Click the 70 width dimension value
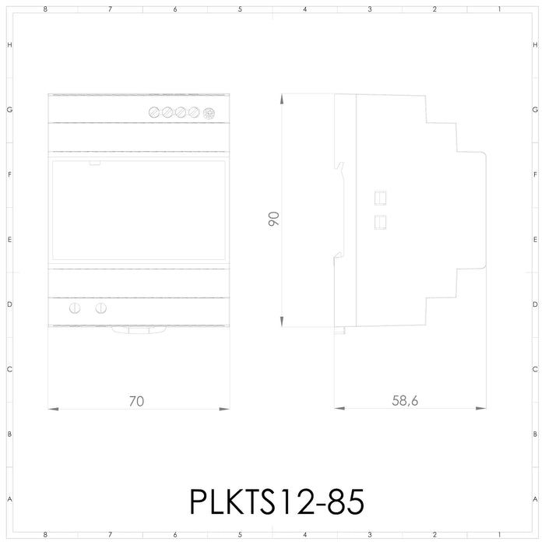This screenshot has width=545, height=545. coord(136,402)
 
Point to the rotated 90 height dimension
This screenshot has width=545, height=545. coord(273,219)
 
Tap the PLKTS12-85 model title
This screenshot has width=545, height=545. coord(276,501)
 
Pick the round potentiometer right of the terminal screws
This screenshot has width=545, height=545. coord(208,113)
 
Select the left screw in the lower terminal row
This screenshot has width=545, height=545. coord(76,308)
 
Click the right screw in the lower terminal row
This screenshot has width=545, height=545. coord(100,308)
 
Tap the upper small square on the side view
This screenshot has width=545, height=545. coord(381,196)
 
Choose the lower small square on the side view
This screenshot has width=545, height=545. coord(381,222)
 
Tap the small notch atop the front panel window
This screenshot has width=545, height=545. coord(94,163)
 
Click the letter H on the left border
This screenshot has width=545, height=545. coord(9,45)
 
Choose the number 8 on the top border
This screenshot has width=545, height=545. coord(46,9)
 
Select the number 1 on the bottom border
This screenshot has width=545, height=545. coord(498,536)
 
